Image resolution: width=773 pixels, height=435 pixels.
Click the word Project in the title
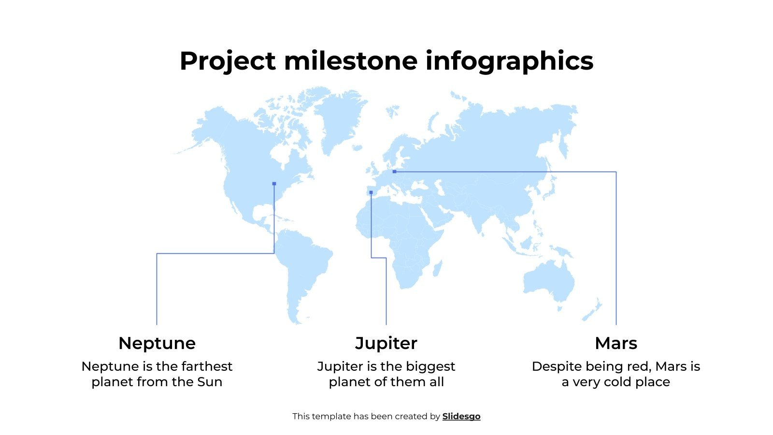tap(228, 62)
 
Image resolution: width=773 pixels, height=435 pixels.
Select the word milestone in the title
tap(351, 61)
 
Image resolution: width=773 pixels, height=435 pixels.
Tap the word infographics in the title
tap(509, 62)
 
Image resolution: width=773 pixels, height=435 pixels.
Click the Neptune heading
tap(157, 343)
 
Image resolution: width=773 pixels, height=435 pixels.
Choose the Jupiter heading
tap(386, 343)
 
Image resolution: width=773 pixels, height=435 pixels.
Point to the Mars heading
tap(616, 343)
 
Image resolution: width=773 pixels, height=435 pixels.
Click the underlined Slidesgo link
tap(461, 416)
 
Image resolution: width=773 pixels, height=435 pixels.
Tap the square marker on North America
tap(274, 184)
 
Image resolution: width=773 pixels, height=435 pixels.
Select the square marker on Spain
tap(371, 192)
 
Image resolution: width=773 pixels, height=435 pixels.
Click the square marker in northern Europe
tap(394, 172)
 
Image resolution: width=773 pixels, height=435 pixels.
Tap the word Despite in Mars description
tap(553, 366)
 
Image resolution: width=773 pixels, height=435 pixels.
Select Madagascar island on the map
tap(437, 268)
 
